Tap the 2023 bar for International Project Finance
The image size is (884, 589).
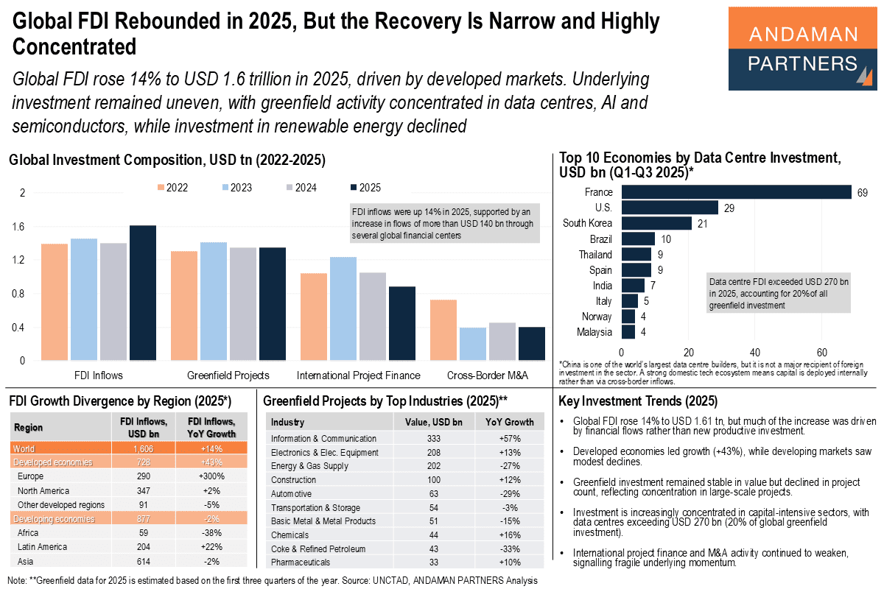(343, 308)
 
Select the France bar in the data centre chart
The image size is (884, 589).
(736, 192)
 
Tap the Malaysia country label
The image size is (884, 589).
(594, 332)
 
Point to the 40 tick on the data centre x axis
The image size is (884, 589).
(755, 351)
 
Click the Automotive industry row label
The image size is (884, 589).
(291, 494)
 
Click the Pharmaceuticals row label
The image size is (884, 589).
(301, 563)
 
